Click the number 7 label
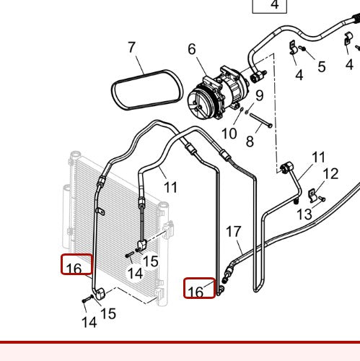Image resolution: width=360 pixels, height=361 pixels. click(x=131, y=48)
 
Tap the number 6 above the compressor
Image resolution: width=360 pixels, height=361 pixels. click(x=192, y=49)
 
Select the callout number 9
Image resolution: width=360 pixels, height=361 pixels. click(x=259, y=95)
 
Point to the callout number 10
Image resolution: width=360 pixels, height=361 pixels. click(x=229, y=133)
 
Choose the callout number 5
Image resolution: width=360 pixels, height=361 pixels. click(x=321, y=67)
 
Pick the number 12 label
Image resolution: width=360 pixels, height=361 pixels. click(x=330, y=173)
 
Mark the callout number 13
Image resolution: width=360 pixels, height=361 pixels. click(x=304, y=214)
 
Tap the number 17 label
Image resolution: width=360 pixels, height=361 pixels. click(x=233, y=232)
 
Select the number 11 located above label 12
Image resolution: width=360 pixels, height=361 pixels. click(x=318, y=157)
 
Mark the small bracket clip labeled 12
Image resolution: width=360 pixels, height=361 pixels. click(x=312, y=193)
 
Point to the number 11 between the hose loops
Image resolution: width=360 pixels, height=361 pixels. click(x=170, y=188)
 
